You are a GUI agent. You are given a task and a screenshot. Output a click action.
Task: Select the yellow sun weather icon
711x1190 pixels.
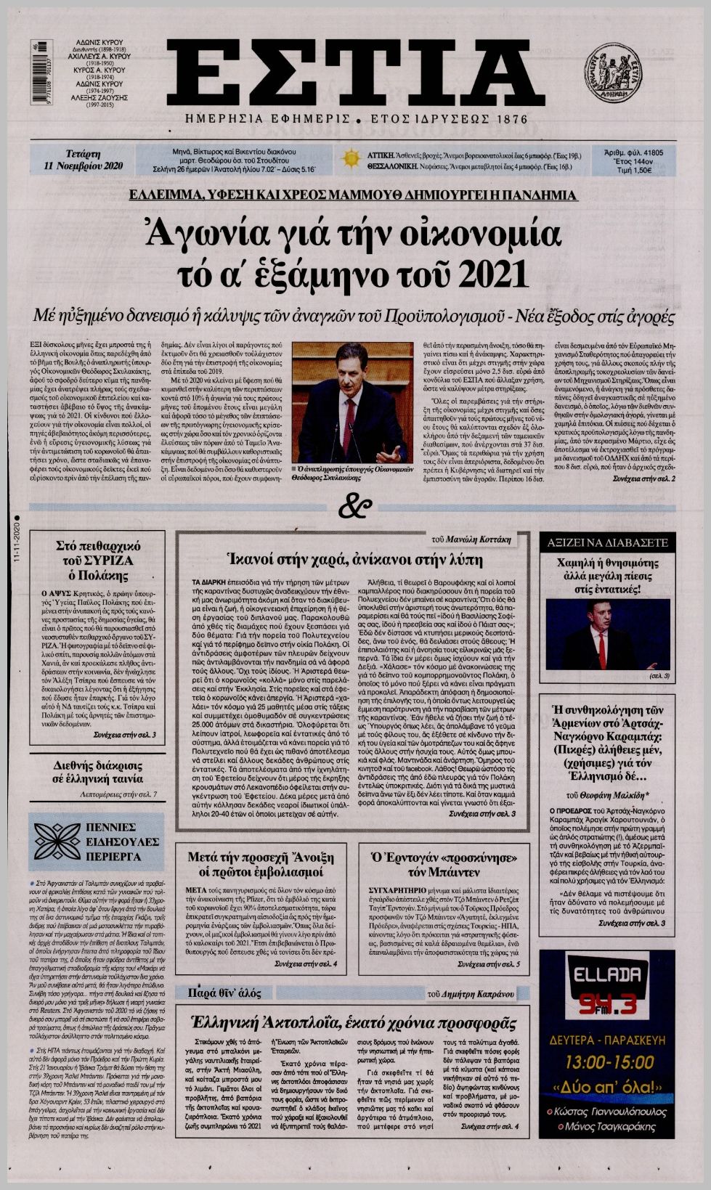352,158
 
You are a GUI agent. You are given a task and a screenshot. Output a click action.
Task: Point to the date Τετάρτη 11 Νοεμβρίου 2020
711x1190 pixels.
83,160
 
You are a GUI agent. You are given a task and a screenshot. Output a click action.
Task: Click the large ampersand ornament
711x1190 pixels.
355,508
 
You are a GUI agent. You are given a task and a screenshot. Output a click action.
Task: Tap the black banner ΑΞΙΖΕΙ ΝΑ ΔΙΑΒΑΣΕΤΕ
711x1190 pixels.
607,542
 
